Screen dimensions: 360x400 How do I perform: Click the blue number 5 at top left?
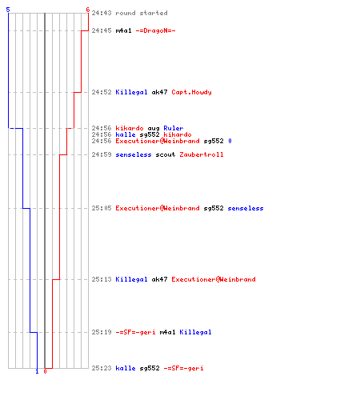8,10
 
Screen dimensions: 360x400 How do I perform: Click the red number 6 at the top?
88,10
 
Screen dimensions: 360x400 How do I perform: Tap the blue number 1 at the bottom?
37,371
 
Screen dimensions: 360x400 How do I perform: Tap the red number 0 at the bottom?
45,371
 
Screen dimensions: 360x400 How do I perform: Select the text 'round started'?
142,13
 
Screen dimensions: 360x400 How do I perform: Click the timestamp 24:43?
102,13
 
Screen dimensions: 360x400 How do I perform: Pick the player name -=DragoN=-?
155,30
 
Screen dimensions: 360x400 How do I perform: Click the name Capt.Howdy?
191,92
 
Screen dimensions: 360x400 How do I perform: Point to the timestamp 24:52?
102,92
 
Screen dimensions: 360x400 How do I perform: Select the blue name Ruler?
174,128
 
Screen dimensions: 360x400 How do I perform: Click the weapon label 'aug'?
154,129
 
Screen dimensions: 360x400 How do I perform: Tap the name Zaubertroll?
202,154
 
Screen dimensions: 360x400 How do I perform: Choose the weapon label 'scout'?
166,154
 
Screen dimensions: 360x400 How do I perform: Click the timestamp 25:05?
102,208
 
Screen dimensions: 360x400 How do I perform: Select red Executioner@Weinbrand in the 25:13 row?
214,279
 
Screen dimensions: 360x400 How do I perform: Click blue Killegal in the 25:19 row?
195,332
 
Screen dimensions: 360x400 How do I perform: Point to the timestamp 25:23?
102,368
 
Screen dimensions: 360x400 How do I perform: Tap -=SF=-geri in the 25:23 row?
183,368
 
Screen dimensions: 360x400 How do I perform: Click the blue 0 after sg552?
230,141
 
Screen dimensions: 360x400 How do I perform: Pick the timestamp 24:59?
102,154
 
